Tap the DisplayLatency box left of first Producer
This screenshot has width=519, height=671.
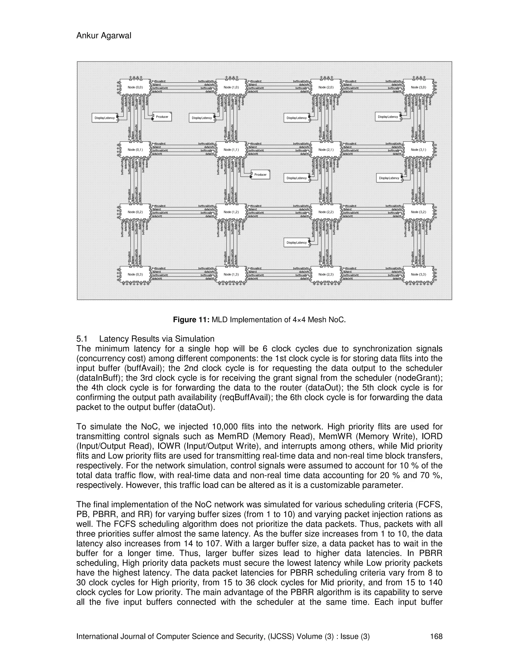(x=105, y=118)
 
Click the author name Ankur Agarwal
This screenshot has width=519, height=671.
(x=104, y=36)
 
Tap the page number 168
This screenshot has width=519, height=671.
(x=436, y=636)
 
